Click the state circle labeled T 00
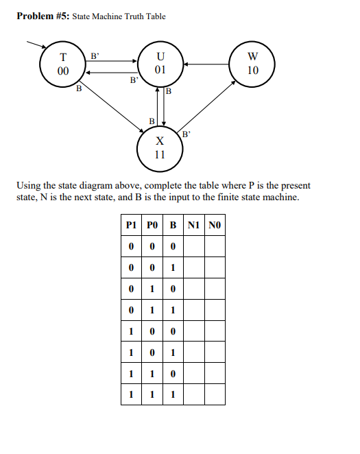[64, 65]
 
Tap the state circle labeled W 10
[252, 64]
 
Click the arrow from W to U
[208, 65]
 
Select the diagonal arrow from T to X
[110, 105]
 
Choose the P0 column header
[153, 226]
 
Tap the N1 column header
[194, 226]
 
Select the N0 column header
[215, 226]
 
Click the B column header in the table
[173, 226]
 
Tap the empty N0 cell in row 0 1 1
[215, 310]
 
